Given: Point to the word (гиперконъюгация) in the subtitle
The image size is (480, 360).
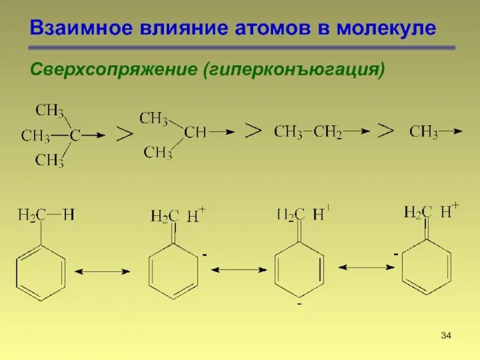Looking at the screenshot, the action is click(x=294, y=71).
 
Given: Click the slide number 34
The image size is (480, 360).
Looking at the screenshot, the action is click(x=445, y=334).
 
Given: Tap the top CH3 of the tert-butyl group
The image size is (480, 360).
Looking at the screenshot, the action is click(x=50, y=110).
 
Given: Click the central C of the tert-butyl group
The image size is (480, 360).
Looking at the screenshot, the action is click(x=74, y=136).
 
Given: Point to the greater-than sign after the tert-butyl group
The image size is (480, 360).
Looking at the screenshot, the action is click(x=124, y=134).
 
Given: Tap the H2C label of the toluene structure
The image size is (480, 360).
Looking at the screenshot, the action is click(x=28, y=215).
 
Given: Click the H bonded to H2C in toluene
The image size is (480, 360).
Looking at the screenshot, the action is click(x=68, y=215).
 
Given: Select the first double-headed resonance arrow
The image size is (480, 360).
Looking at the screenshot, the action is click(x=105, y=272).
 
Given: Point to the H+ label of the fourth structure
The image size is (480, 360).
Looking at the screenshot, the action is click(x=449, y=211).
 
